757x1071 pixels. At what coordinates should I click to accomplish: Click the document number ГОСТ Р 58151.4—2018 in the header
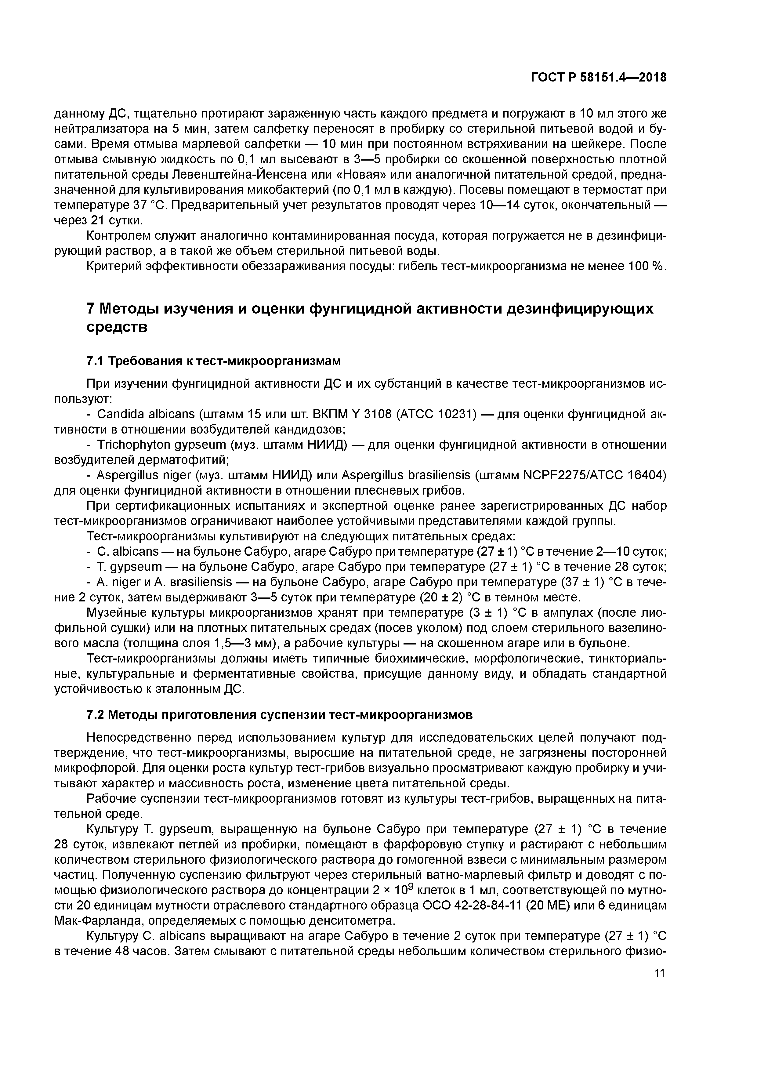click(598, 78)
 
